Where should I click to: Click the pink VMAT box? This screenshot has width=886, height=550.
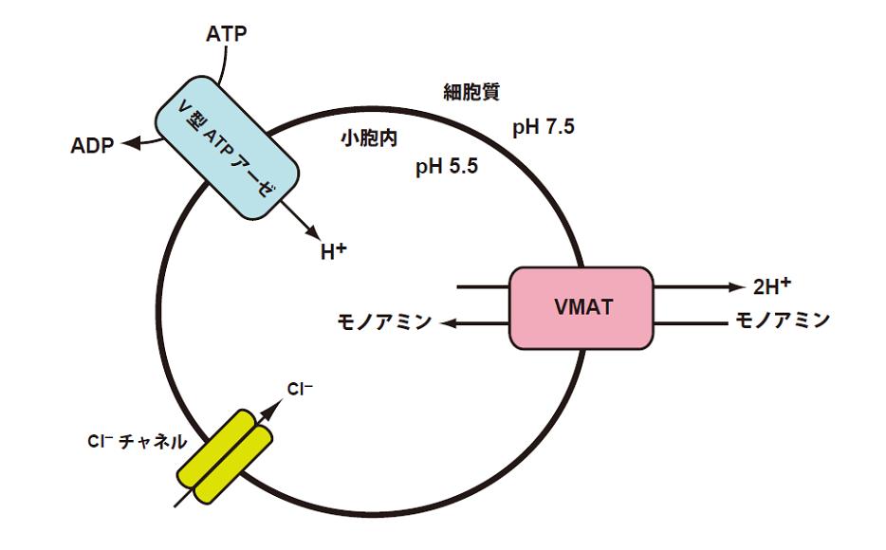click(x=581, y=306)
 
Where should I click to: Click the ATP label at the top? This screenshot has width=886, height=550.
click(x=226, y=33)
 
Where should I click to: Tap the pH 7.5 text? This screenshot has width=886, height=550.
click(x=543, y=127)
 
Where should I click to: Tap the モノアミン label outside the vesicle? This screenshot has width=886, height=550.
click(x=783, y=321)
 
